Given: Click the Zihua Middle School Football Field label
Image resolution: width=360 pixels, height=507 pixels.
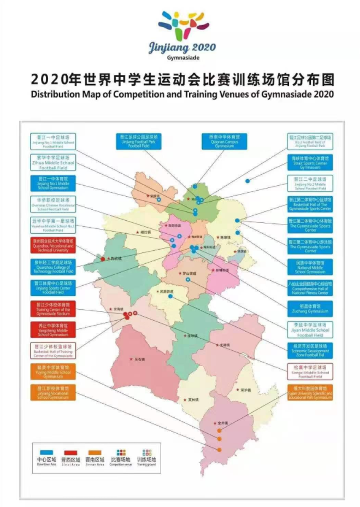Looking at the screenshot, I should click(x=53, y=162).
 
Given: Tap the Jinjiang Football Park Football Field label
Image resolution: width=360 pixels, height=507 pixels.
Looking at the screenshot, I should click(x=138, y=142).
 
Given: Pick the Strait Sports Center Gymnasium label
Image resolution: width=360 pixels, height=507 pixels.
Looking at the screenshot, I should click(x=310, y=162).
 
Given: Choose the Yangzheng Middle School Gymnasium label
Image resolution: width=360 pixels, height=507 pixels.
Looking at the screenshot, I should click(x=53, y=329).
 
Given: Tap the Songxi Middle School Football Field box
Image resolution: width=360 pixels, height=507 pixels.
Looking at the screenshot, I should click(x=310, y=372).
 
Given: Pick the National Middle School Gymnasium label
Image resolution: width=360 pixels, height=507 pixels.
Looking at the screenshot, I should click(x=310, y=266).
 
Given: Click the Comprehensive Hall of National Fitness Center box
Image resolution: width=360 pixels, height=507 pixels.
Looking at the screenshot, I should click(x=310, y=288).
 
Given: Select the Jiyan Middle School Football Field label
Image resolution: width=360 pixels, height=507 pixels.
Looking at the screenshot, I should click(x=310, y=329).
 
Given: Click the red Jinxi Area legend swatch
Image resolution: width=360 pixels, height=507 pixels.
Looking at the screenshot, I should click(x=70, y=453).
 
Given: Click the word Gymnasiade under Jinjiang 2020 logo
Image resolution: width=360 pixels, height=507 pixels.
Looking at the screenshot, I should click(x=182, y=57).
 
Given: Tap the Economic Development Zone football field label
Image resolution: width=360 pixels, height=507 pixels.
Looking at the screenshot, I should click(x=310, y=350).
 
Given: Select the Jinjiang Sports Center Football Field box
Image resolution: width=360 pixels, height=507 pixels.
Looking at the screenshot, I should click(x=53, y=286).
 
